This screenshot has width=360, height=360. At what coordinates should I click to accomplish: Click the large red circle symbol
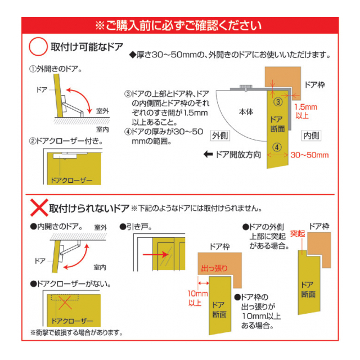pyautogui.click(x=38, y=38)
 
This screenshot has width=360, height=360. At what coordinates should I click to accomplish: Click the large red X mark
pyautogui.click(x=39, y=208)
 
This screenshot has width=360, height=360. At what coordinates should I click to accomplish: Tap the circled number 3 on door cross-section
pyautogui.click(x=278, y=102)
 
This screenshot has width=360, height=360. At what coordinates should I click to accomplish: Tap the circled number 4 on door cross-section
pyautogui.click(x=277, y=147)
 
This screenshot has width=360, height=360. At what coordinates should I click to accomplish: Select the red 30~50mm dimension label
pyautogui.click(x=309, y=155)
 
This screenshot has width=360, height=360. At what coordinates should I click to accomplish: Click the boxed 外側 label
pyautogui.click(x=220, y=136)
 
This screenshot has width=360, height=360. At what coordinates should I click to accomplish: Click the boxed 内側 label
pyautogui.click(x=311, y=136)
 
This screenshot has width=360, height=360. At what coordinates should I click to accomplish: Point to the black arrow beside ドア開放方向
pyautogui.click(x=208, y=155)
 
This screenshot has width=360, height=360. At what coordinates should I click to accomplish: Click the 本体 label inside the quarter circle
pyautogui.click(x=246, y=112)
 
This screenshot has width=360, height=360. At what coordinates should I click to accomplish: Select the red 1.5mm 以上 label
pyautogui.click(x=305, y=111)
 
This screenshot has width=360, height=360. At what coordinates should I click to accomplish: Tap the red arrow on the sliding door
pyautogui.click(x=156, y=254)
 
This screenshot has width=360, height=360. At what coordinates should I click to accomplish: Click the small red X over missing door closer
pyautogui.click(x=65, y=303)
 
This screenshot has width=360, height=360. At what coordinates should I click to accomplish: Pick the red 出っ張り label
pyautogui.click(x=214, y=268)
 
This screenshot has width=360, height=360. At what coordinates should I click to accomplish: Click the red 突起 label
pyautogui.click(x=298, y=234)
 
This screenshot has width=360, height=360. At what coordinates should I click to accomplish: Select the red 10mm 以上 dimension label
pyautogui.click(x=197, y=298)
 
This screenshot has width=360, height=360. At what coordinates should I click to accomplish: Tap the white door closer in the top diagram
pyautogui.click(x=70, y=155)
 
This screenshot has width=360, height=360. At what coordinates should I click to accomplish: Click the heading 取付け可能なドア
pyautogui.click(x=87, y=47)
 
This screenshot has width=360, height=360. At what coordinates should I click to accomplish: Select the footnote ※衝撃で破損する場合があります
pyautogui.click(x=76, y=332)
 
